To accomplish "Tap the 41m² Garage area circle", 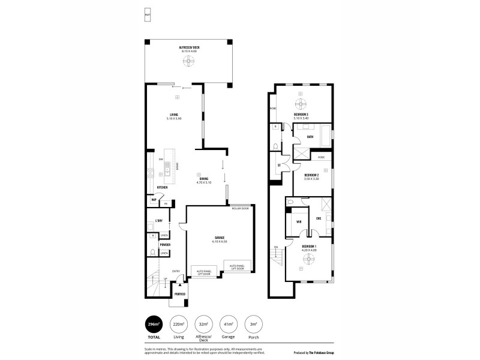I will (x=229, y=324).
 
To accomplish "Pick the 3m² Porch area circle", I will (x=254, y=324).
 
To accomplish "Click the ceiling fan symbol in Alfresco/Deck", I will (x=189, y=62).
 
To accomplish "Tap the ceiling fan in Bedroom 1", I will (x=309, y=259).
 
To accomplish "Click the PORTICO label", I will (x=180, y=293).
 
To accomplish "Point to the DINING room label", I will (x=204, y=178).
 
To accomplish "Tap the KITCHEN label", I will (x=162, y=187).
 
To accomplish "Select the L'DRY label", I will (x=159, y=220).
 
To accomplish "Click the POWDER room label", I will (x=165, y=244).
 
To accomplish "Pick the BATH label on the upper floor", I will (x=310, y=137).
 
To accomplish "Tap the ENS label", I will (x=319, y=218).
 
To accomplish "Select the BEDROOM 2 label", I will (x=311, y=175).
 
